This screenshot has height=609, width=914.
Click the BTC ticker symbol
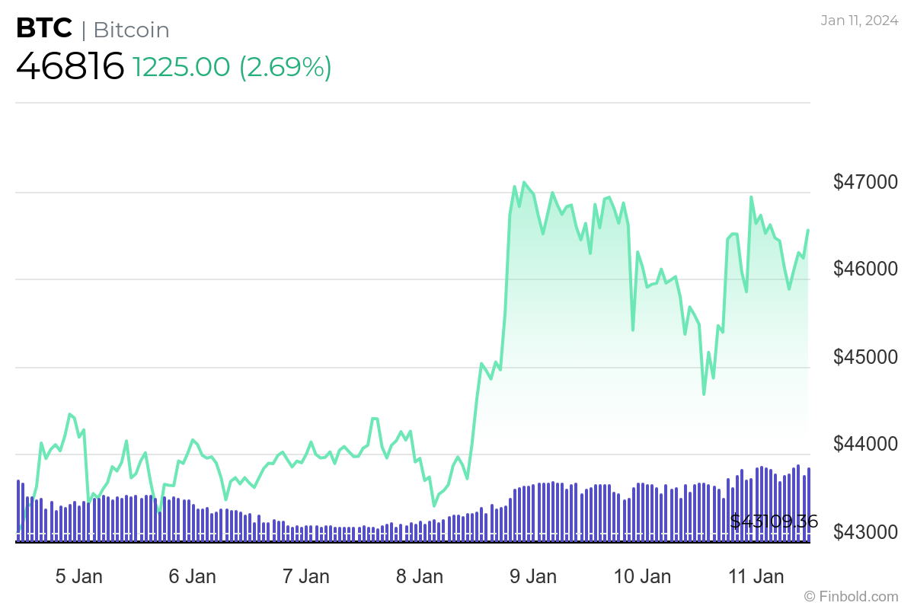pyautogui.click(x=44, y=29)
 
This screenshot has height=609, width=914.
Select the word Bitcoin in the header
pyautogui.click(x=132, y=30)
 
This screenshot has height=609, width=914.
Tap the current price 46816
pyautogui.click(x=70, y=66)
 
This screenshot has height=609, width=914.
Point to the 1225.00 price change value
pyautogui.click(x=181, y=67)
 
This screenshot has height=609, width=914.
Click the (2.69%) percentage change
pyautogui.click(x=286, y=67)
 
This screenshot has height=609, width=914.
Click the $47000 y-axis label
pyautogui.click(x=866, y=182)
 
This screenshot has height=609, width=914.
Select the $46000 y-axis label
pyautogui.click(x=866, y=269)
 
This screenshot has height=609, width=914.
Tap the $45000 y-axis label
pyautogui.click(x=866, y=357)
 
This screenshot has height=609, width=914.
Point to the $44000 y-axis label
pyautogui.click(x=866, y=444)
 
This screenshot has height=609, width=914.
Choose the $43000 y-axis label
pyautogui.click(x=866, y=531)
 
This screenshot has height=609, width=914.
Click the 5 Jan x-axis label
pyautogui.click(x=79, y=576)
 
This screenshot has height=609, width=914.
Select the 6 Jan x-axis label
pyautogui.click(x=192, y=576)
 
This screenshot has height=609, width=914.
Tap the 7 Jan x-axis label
pyautogui.click(x=306, y=576)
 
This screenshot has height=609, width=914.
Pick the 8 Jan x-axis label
pyautogui.click(x=420, y=576)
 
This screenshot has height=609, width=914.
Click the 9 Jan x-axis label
pyautogui.click(x=533, y=576)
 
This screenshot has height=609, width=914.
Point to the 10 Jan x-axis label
pyautogui.click(x=641, y=576)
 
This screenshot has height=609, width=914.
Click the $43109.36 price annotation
pyautogui.click(x=774, y=521)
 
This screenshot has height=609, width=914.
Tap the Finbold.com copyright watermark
pyautogui.click(x=851, y=596)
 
